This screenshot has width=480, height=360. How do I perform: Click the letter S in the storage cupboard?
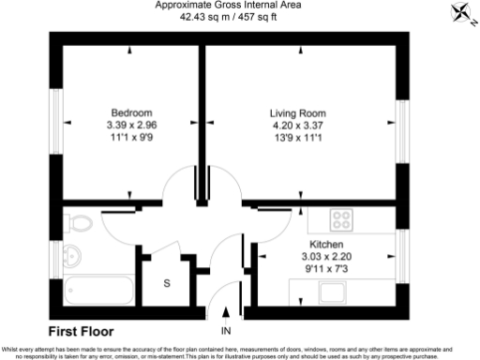[x=167, y=282]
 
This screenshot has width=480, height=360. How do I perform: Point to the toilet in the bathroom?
[x=77, y=223]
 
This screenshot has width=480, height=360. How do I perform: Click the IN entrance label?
[x=225, y=332]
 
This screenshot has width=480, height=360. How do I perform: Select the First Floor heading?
[x=81, y=331]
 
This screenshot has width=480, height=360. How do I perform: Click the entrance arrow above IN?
[x=225, y=316]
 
